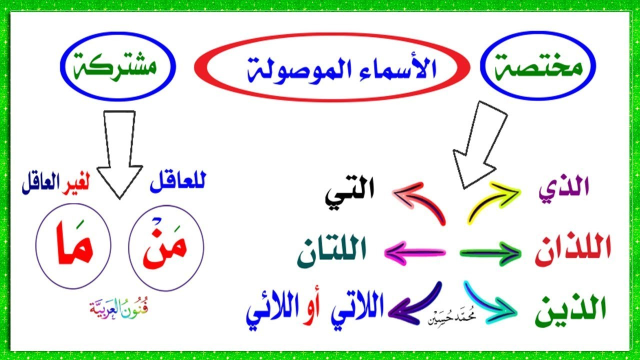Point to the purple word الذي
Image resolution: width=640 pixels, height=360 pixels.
[x=564, y=189]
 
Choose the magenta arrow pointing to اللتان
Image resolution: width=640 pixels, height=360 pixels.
[x=415, y=253]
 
